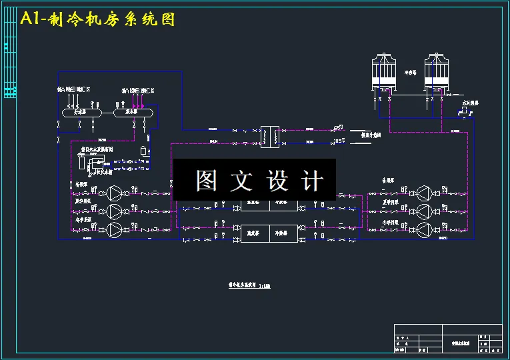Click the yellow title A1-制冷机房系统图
97,19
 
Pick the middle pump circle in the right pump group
425,211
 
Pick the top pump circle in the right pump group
425,193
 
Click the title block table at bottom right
447,338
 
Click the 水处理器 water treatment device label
471,103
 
